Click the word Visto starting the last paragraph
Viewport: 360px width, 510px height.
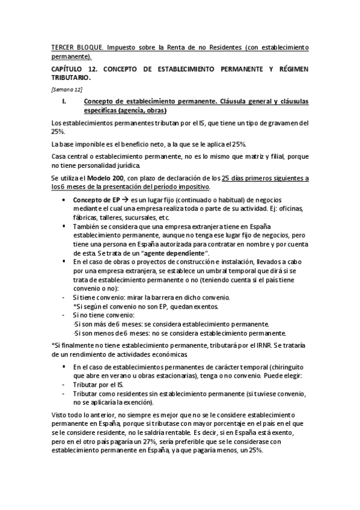pyautogui.click(x=61, y=415)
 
